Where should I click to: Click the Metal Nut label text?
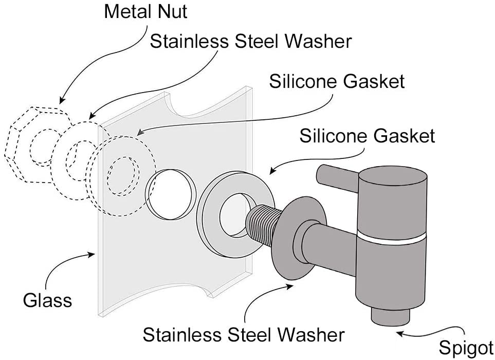[145, 11]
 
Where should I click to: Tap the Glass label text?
[47, 299]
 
